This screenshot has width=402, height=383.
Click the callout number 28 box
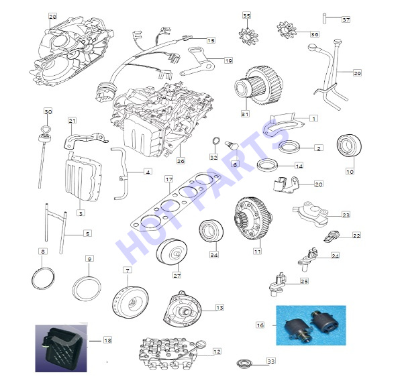click(52, 17)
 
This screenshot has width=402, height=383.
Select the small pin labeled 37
click(324, 18)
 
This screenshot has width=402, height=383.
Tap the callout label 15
click(211, 40)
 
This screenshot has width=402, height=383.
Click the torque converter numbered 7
click(130, 303)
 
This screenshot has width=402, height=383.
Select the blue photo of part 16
click(311, 325)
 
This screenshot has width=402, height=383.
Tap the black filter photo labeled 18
click(61, 349)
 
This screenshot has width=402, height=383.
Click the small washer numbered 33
click(244, 363)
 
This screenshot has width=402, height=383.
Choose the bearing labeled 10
click(350, 145)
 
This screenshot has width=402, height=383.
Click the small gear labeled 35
click(246, 35)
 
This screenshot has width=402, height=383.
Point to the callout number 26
click(181, 161)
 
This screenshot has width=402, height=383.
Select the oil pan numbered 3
click(83, 177)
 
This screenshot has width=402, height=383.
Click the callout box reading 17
click(169, 179)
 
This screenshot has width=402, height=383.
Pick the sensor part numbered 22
click(332, 236)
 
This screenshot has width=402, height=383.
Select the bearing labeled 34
click(211, 231)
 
